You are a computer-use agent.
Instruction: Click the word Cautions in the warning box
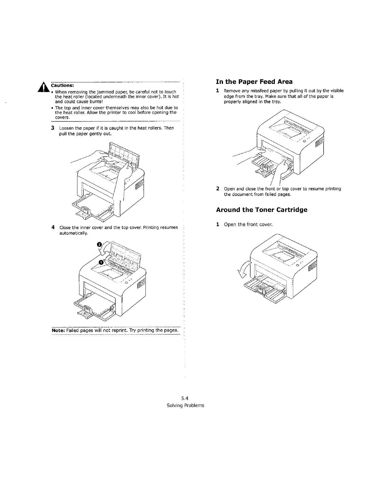60,85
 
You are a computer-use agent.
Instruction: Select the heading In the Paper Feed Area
254,81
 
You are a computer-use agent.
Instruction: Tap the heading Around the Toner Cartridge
261,210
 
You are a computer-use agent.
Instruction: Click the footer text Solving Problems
185,405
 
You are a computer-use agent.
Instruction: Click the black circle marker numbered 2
99,244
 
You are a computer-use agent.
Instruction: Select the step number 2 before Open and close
218,188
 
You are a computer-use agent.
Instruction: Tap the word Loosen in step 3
66,128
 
